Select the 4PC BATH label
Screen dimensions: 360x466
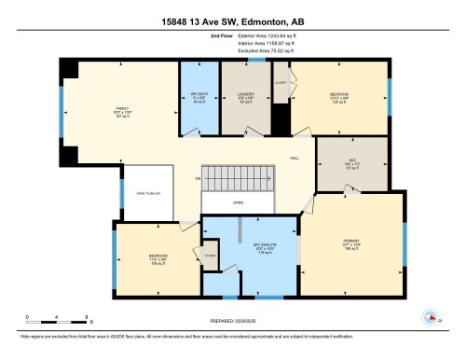196,100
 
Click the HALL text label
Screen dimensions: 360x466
295,159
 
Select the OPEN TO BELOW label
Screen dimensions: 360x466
146,194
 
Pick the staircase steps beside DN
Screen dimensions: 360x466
240,179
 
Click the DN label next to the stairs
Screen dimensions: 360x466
198,179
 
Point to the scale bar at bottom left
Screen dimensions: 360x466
57,322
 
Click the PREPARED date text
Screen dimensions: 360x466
233,323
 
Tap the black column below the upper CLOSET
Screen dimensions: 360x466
280,118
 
